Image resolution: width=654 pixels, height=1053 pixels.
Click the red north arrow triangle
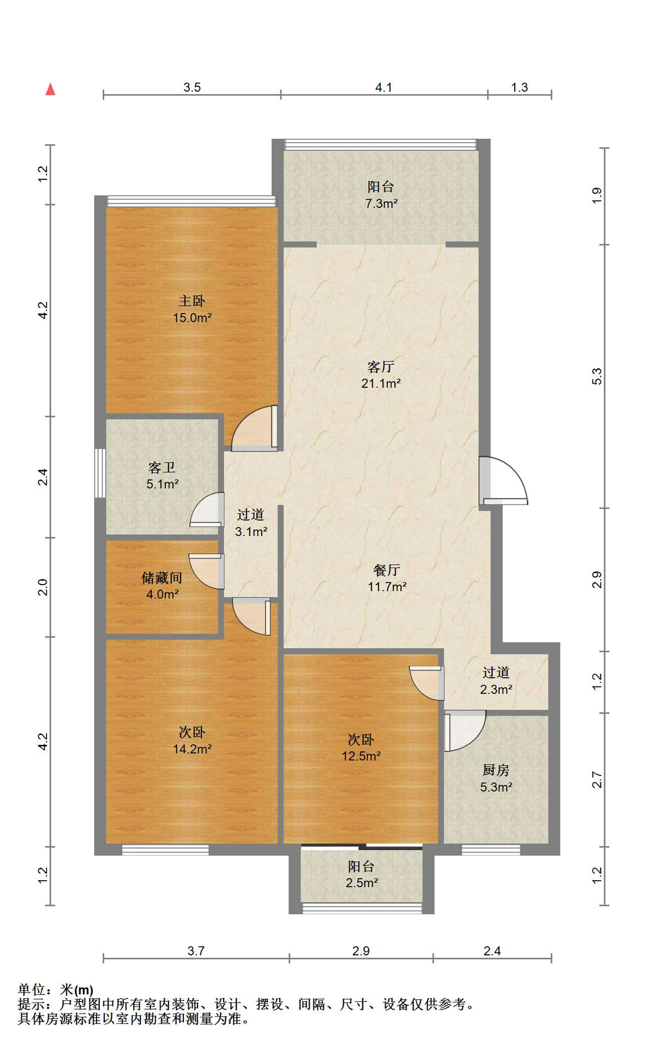[x=50, y=89]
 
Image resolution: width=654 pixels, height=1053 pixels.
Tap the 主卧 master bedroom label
[x=192, y=301]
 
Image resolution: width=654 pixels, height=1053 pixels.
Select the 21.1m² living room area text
[x=381, y=383]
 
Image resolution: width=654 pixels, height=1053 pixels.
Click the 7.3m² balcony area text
[x=381, y=203]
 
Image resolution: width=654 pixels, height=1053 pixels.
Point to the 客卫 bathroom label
[x=162, y=467]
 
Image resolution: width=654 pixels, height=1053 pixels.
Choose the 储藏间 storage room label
[x=162, y=578]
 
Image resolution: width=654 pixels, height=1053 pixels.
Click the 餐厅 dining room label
[x=387, y=570]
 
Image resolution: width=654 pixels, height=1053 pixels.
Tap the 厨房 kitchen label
[x=496, y=771]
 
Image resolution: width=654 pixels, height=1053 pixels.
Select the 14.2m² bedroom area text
[x=192, y=749]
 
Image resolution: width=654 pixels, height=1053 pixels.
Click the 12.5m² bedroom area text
[x=361, y=756]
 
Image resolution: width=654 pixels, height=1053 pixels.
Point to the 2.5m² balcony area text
[x=362, y=883]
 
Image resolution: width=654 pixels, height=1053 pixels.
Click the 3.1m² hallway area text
[x=251, y=531]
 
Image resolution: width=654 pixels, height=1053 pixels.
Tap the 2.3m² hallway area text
[x=496, y=689]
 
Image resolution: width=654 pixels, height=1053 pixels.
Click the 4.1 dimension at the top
[x=384, y=87]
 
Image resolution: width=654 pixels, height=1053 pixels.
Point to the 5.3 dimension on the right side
[x=597, y=376]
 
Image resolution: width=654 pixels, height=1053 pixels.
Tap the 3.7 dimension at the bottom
[x=196, y=951]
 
